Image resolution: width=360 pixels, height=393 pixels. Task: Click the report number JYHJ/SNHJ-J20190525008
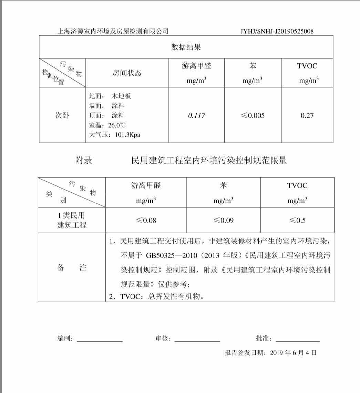277,31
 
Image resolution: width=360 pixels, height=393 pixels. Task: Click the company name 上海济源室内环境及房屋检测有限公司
113,31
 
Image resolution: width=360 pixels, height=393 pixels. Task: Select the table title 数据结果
186,47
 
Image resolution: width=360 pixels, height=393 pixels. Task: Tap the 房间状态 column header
127,73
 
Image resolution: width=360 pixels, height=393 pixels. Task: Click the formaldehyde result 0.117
196,116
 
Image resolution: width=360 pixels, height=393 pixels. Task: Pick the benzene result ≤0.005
253,116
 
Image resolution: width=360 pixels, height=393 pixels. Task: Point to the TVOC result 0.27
307,116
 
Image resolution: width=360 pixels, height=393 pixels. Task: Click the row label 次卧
62,116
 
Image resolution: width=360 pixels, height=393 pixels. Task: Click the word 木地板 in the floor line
121,96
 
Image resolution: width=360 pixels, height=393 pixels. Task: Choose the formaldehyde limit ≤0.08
146,220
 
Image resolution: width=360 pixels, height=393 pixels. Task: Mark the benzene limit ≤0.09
223,220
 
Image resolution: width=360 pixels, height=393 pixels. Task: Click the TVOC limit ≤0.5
297,220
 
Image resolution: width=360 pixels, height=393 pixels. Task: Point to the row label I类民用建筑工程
72,220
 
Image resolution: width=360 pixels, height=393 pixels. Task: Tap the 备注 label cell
72,268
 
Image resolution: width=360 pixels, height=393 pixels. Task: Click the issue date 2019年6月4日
293,353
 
